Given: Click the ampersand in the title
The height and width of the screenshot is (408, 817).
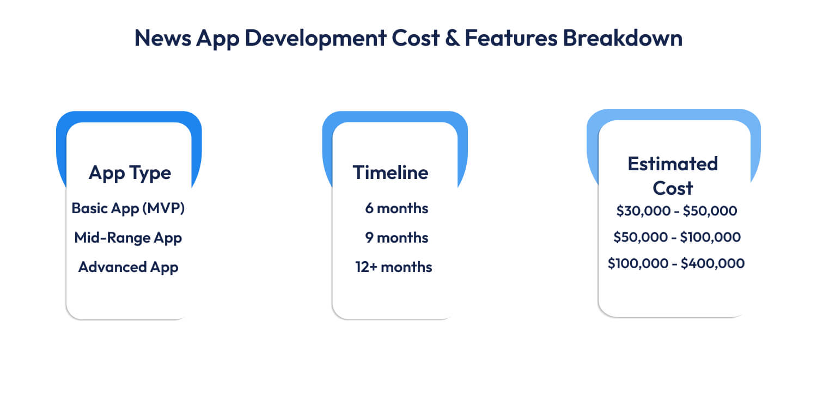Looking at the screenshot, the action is pos(452,38).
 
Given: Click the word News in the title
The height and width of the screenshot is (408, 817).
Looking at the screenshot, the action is pos(163,38).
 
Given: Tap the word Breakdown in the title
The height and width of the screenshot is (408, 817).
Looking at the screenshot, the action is pos(623,38).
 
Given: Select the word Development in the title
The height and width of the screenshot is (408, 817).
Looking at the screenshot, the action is pos(315,39).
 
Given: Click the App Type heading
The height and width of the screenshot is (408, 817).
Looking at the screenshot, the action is pos(130,172).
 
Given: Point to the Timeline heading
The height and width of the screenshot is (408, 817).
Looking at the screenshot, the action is pos(391,172).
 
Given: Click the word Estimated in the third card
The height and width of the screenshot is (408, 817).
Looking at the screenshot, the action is pos(673,164).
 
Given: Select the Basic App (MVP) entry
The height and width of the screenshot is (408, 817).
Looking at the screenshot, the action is pos(128,208).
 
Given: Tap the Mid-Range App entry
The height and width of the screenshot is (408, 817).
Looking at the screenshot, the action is pos(128,238).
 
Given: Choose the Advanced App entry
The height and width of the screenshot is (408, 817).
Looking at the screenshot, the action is pos(129,267).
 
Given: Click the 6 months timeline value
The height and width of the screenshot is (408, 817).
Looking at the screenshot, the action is pos(397,208).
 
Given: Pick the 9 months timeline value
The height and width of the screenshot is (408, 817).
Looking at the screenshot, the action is pos(397,238).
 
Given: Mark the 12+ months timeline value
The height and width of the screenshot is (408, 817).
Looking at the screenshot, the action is pos(394,267).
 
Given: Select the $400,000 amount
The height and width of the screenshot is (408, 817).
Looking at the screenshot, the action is pos(712,263).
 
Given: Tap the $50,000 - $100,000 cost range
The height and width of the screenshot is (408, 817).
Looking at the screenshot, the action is pos(677,237).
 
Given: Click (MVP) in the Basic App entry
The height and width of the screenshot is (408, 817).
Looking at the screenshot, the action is pos(163,208).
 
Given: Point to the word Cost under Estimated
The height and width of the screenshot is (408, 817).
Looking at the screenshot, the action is pos(673,188).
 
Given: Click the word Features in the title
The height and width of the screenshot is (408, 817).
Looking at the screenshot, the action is pos(511,38).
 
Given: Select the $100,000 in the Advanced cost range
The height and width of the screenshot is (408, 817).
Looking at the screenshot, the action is pos(638,263).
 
